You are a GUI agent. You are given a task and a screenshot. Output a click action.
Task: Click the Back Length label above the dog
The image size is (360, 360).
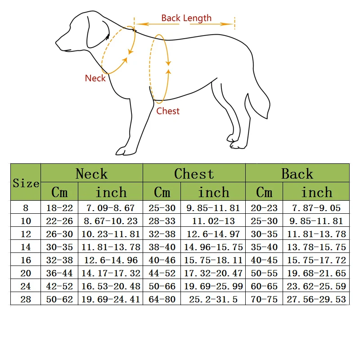pos(186,18)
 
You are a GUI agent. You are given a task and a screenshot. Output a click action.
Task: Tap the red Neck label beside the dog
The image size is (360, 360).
pos(95,78)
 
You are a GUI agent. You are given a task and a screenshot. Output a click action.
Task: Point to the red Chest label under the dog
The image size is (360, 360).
pos(168,111)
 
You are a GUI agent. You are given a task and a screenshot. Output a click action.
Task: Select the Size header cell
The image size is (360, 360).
pos(26,183)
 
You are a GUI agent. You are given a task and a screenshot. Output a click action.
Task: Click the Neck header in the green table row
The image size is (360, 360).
pos(91,174)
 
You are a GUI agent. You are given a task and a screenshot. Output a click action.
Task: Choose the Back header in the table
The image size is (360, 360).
pos(297,174)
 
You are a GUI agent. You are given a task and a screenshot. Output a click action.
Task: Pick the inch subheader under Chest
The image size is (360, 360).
pos(214,192)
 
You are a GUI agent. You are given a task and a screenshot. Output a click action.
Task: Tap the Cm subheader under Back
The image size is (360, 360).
pos(264,192)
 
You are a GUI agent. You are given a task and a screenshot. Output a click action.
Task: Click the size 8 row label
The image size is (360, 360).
pos(26,208)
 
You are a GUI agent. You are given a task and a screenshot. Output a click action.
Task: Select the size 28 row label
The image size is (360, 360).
pos(26,299)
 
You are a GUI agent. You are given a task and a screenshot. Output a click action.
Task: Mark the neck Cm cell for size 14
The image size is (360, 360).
pos(59,247)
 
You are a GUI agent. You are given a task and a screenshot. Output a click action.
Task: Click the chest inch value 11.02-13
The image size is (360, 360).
pos(214,221)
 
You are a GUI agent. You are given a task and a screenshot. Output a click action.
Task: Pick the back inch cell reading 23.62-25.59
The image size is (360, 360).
pos(316,286)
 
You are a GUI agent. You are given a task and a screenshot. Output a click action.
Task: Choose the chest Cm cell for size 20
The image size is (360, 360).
pos(162,273)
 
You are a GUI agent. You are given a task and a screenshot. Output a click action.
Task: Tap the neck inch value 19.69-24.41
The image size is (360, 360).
pos(111,299)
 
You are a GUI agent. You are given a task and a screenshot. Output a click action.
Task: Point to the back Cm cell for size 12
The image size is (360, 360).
pos(264,234)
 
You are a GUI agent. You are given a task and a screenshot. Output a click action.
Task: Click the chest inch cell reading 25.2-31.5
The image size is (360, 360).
pos(214,299)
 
